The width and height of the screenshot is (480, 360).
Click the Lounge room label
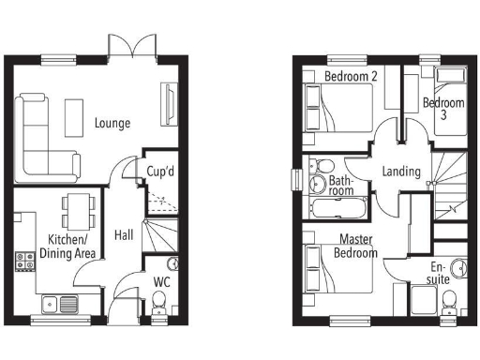pyautogui.click(x=112, y=123)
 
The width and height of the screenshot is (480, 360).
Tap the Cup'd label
pyautogui.click(x=161, y=172)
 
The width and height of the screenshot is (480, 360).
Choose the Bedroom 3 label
pyautogui.click(x=442, y=108)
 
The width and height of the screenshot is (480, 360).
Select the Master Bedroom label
pyautogui.click(x=358, y=246)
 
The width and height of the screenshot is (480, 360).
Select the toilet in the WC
pyautogui.click(x=159, y=299)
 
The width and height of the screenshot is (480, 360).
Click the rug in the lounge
pyautogui.click(x=74, y=117)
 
